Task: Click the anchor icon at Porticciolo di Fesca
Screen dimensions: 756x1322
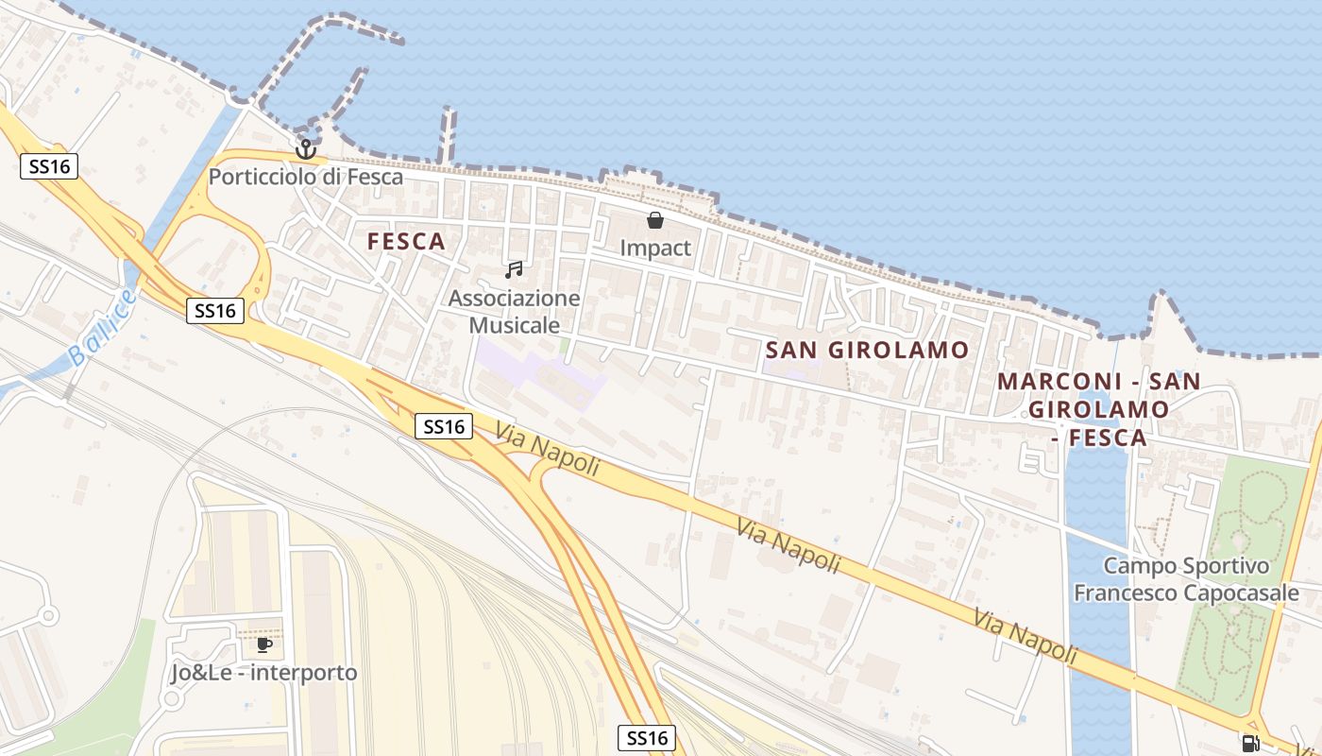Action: click(305, 149)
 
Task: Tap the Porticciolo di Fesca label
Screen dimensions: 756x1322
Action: click(305, 177)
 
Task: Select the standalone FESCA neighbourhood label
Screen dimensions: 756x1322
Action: click(406, 242)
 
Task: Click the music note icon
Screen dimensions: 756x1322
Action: click(514, 270)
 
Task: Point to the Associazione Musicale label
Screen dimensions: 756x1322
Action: click(514, 312)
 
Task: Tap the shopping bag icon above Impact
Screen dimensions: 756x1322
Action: click(654, 221)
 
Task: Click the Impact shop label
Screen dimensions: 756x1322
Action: click(655, 249)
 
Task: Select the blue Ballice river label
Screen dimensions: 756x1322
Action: click(102, 328)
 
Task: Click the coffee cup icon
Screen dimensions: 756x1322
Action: click(264, 645)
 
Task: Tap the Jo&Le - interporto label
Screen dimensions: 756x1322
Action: click(264, 673)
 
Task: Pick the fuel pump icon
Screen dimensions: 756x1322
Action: click(1251, 743)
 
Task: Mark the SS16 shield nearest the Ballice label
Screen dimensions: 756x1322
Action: click(215, 310)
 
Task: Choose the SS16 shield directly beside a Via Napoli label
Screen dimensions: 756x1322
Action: click(444, 426)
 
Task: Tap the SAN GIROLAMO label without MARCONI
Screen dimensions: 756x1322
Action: click(867, 350)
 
